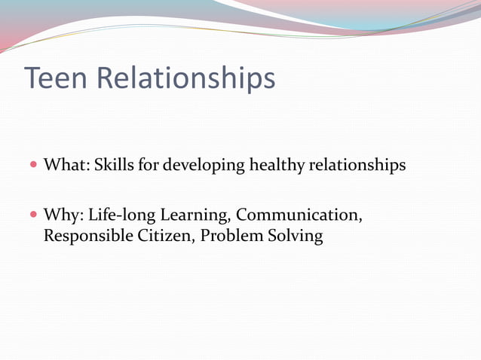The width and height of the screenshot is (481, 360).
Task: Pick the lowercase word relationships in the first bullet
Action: tap(357, 165)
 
